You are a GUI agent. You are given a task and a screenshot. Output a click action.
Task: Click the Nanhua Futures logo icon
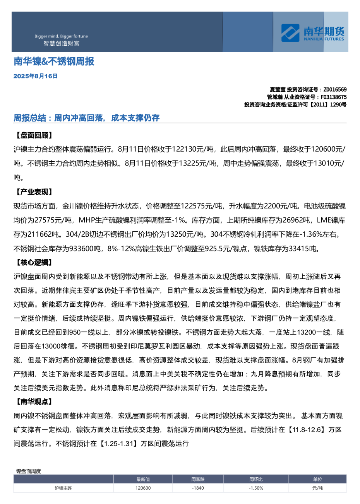[x=290, y=33]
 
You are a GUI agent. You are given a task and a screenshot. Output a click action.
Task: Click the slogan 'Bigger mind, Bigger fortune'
[x=61, y=36]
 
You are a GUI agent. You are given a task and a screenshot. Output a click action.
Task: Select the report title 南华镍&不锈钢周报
[x=54, y=62]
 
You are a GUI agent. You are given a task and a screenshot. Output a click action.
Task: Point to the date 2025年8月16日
[x=35, y=76]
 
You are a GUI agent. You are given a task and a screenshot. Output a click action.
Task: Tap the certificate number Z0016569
[x=335, y=89]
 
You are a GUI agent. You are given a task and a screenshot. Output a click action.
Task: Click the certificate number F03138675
[x=333, y=97]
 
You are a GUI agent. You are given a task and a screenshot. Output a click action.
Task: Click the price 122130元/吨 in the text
[x=197, y=149]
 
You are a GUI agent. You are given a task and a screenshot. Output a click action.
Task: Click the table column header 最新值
[x=143, y=479]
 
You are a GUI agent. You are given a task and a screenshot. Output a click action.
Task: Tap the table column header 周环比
[x=256, y=479]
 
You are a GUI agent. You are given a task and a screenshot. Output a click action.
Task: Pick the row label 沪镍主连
[x=63, y=488]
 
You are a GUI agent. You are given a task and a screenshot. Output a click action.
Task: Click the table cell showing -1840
[x=198, y=488]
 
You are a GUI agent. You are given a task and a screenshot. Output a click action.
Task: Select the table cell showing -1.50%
[x=256, y=488]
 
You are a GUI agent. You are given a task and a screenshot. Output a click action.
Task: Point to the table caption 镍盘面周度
[x=28, y=471]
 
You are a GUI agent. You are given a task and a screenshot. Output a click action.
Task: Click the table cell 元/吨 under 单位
[x=317, y=488]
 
